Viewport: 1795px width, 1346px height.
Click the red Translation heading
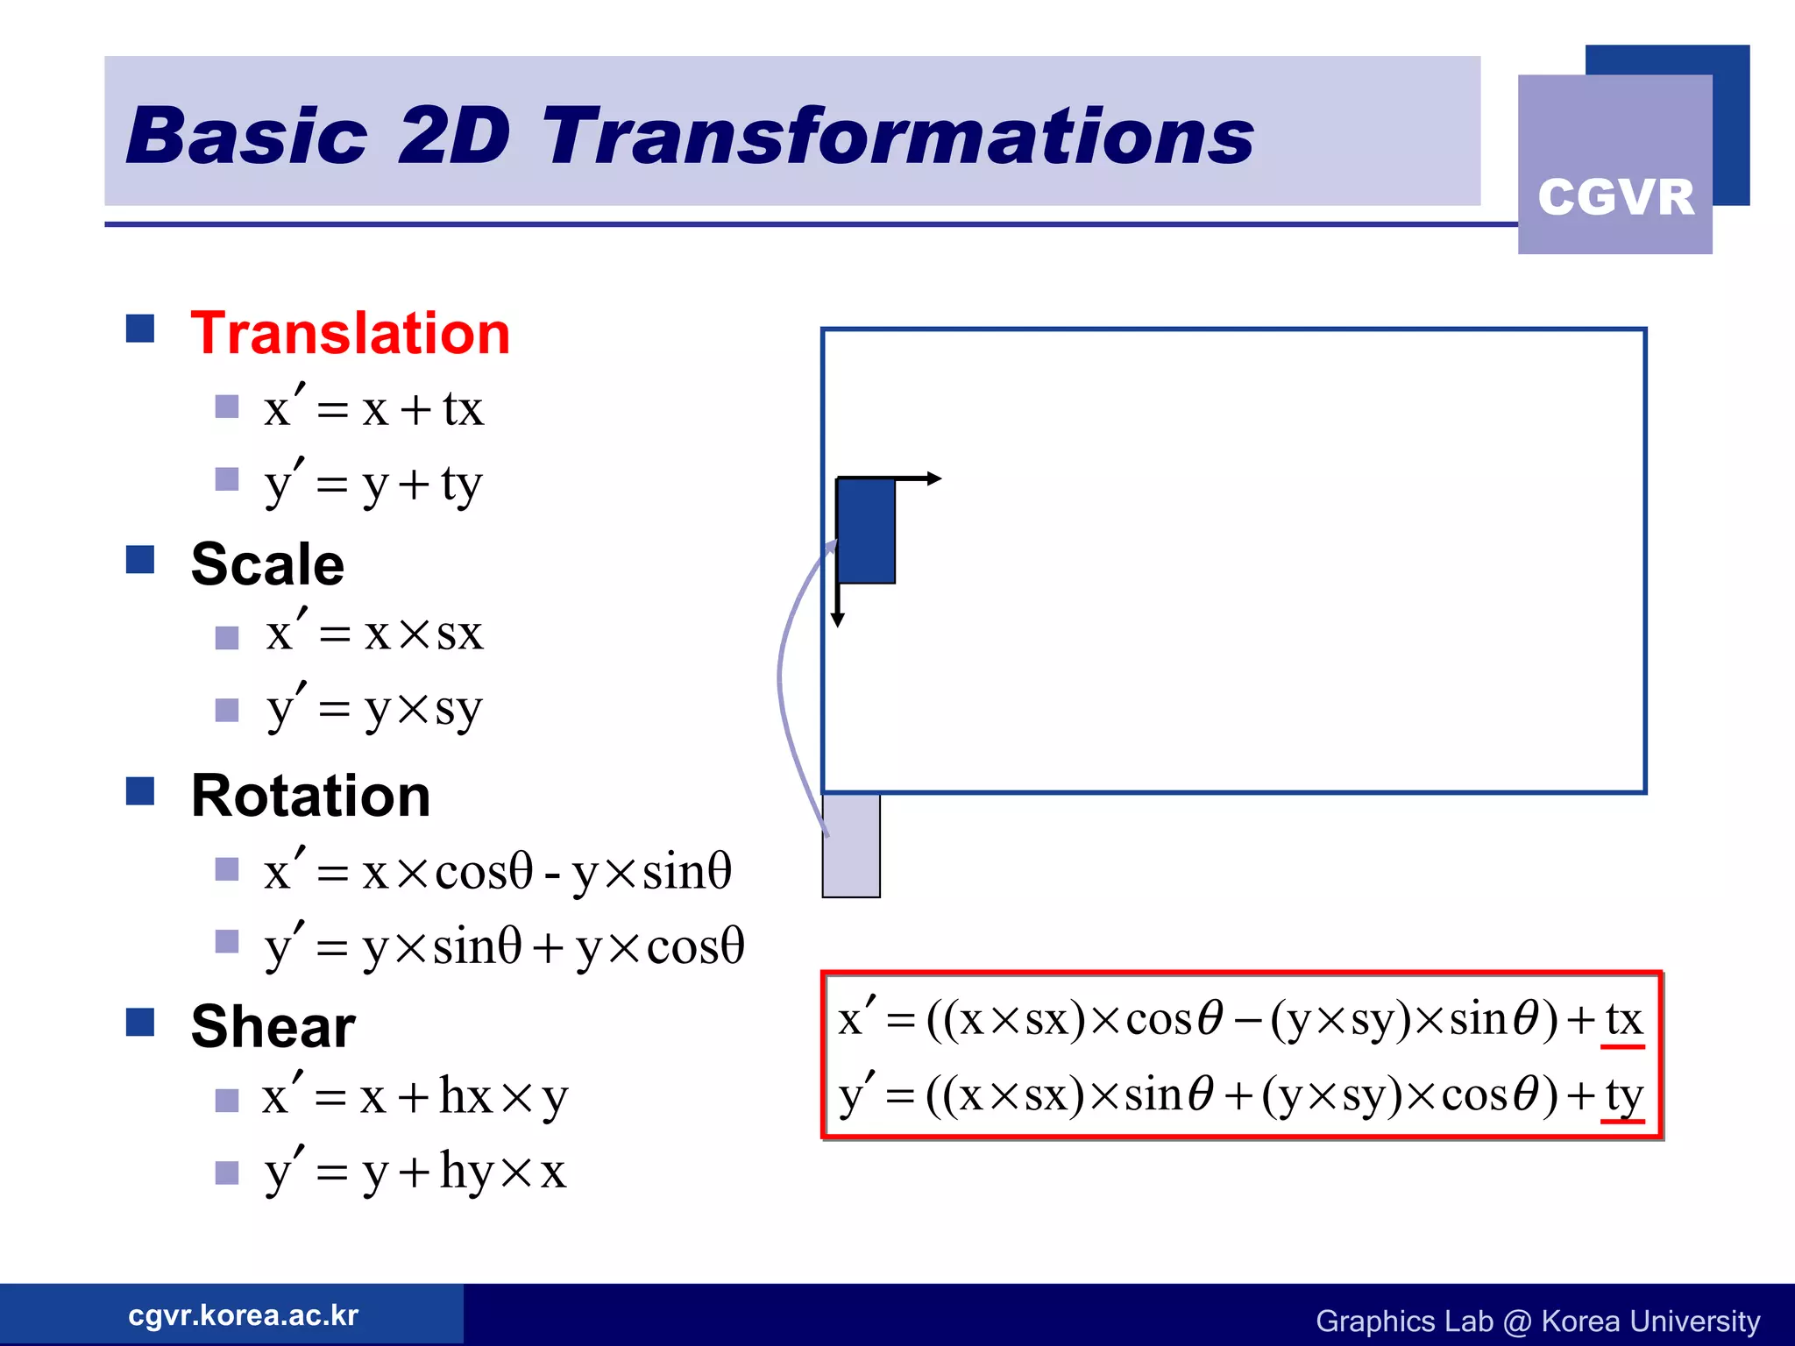[x=350, y=334]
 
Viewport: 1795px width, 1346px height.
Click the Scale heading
[x=267, y=564]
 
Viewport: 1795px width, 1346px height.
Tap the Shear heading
[x=273, y=1026]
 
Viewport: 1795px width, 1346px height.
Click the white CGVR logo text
[x=1615, y=196]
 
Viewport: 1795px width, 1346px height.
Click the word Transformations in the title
[x=897, y=137]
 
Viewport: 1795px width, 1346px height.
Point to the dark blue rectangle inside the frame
[x=866, y=531]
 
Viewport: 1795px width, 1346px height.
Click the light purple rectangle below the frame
[x=851, y=847]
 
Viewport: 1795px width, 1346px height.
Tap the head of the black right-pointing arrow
[x=934, y=478]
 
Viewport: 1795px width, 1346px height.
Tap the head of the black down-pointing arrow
[x=838, y=620]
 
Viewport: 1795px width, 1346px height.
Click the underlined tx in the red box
[x=1623, y=1020]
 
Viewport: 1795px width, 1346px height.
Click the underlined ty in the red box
[x=1623, y=1095]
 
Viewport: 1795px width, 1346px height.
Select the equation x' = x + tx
[x=373, y=408]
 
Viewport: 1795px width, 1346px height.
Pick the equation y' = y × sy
[x=374, y=708]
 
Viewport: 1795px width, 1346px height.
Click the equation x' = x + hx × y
[x=415, y=1096]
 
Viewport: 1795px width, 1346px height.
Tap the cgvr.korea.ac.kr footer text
[x=243, y=1315]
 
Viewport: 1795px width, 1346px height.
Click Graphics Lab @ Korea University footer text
[x=1537, y=1321]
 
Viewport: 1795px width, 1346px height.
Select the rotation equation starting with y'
[x=504, y=946]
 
